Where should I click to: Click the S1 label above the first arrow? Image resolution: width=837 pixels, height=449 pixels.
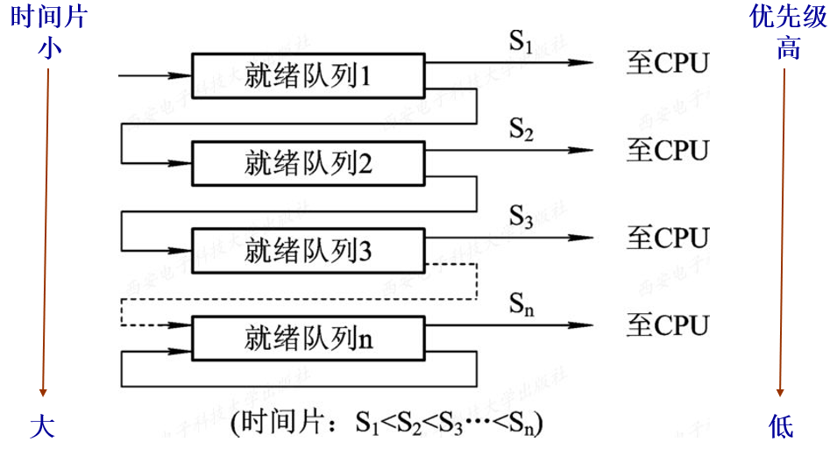pyautogui.click(x=521, y=41)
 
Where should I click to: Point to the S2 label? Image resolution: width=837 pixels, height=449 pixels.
pyautogui.click(x=521, y=129)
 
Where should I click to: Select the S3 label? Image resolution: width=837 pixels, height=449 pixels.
pyautogui.click(x=521, y=216)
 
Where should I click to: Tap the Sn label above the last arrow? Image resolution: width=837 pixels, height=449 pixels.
pyautogui.click(x=521, y=304)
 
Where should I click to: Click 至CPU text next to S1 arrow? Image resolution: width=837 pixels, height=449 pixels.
pyautogui.click(x=667, y=63)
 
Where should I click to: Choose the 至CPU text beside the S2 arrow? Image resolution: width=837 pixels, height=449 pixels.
pyautogui.click(x=667, y=150)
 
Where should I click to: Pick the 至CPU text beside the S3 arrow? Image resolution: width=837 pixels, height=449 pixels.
pyautogui.click(x=667, y=237)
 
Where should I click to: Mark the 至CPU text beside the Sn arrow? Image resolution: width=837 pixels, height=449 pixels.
pyautogui.click(x=667, y=325)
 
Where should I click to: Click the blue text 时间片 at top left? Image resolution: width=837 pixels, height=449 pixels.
pyautogui.click(x=48, y=18)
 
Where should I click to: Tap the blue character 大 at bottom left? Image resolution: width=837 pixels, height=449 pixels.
pyautogui.click(x=42, y=427)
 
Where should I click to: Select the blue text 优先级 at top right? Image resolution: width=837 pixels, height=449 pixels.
pyautogui.click(x=788, y=18)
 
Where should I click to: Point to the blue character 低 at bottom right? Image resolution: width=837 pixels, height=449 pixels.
pyautogui.click(x=781, y=427)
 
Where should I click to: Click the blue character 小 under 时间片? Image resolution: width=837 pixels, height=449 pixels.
pyautogui.click(x=48, y=47)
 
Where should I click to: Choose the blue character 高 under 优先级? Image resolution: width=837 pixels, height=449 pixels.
pyautogui.click(x=788, y=47)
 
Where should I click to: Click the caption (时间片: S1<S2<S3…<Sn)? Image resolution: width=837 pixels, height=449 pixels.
pyautogui.click(x=387, y=424)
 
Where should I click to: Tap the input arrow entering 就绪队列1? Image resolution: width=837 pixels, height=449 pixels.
pyautogui.click(x=154, y=75)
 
